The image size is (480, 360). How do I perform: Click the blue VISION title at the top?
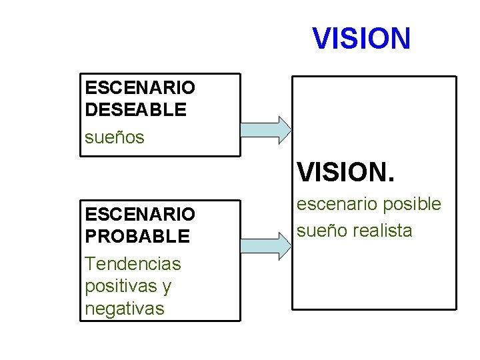(x=361, y=39)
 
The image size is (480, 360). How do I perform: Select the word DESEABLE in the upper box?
(x=136, y=110)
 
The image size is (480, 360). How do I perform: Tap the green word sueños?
(x=115, y=137)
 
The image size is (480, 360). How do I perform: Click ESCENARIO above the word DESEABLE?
(x=140, y=87)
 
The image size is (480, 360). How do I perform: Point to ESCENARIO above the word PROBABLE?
(x=140, y=214)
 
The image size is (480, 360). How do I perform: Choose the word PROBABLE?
(x=137, y=236)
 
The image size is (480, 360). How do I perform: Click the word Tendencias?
(x=133, y=263)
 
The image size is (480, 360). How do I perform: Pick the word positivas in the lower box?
(x=119, y=286)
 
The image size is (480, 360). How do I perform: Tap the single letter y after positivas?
(x=166, y=287)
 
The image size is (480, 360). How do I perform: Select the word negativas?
(x=124, y=309)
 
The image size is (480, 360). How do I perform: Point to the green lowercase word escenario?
(x=335, y=204)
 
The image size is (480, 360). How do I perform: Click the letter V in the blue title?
(x=322, y=39)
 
